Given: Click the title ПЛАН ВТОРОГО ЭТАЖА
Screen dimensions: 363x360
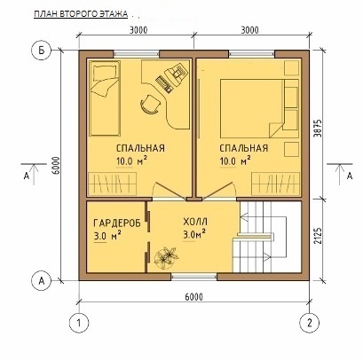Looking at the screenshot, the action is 81,14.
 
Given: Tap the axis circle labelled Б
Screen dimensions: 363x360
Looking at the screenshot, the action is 41,51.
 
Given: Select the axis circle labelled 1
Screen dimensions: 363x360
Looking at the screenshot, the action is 79,323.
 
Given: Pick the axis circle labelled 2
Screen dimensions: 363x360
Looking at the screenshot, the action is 310,323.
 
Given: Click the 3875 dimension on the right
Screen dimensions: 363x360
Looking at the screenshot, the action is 318,128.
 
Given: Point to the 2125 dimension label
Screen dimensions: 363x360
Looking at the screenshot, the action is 318,236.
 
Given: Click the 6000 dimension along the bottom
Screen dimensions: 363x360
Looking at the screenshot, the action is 194,296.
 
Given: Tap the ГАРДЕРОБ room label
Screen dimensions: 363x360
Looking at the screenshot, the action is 117,223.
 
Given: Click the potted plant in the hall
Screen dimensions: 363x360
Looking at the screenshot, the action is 166,256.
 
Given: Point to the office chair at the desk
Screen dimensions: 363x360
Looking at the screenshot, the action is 151,104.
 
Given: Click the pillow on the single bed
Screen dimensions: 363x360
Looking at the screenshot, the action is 105,74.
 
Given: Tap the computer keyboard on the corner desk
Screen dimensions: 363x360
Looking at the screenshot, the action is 163,83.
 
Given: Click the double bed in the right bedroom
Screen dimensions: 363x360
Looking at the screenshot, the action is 251,108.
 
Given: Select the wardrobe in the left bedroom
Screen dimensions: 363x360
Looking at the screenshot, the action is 112,184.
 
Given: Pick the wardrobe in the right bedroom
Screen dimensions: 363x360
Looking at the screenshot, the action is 275,184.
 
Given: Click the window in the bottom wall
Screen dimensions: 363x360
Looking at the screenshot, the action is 194,277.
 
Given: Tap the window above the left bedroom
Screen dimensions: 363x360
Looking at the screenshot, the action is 137,54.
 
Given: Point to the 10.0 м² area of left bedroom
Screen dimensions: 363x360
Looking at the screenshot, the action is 132,161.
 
